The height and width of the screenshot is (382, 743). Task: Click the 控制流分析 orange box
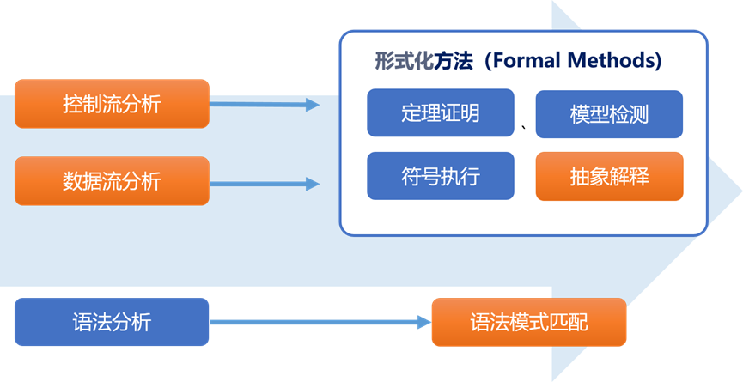112,104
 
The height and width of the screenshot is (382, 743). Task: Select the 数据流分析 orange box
112,181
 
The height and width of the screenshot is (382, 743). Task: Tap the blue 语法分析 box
112,322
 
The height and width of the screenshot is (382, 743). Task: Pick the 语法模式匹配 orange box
529,323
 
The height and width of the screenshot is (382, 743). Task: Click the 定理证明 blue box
440,113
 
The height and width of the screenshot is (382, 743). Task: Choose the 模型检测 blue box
609,113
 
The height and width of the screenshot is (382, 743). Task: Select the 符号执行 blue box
440,177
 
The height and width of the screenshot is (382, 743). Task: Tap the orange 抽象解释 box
609,177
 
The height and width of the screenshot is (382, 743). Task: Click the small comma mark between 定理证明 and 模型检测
525,130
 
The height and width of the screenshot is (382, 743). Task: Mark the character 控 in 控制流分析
73,104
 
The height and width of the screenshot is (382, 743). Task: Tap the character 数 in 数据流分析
73,181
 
